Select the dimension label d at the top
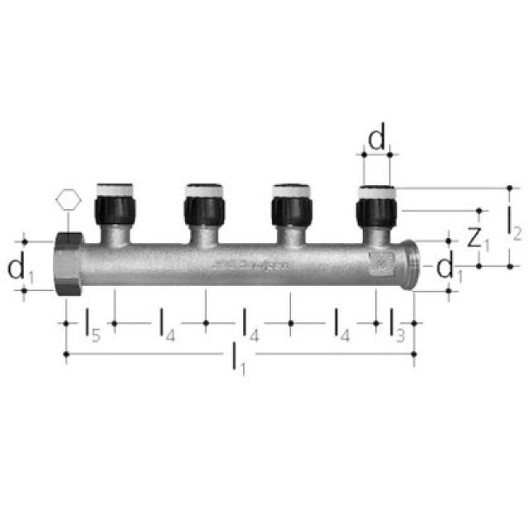click(x=377, y=138)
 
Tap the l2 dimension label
click(x=512, y=222)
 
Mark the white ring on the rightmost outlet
click(x=377, y=191)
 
